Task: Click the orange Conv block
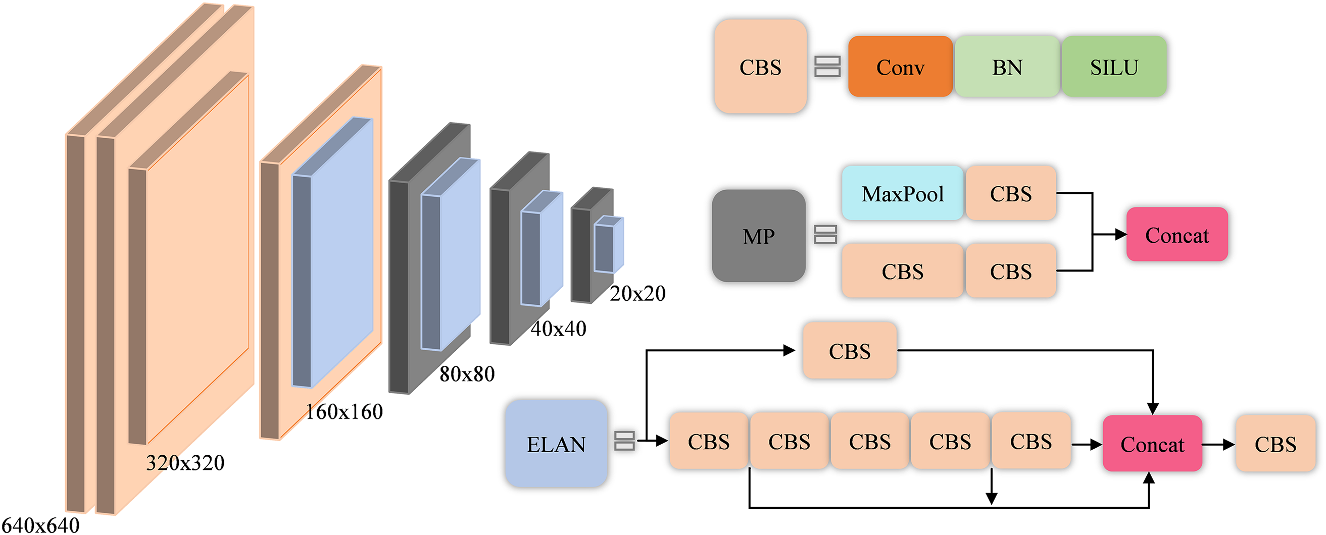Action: pos(900,67)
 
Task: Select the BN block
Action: pos(1007,67)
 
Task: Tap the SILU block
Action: pos(1114,67)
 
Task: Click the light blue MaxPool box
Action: pos(902,193)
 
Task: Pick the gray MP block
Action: pos(758,236)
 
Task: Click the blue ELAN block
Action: pos(556,444)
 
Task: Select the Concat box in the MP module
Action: pos(1176,235)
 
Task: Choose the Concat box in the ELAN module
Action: pos(1152,444)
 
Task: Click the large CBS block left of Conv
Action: pos(760,67)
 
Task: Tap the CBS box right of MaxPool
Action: pos(1010,193)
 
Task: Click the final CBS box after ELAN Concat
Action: pos(1275,444)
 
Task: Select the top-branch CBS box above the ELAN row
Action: pos(849,351)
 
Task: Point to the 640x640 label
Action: pos(41,525)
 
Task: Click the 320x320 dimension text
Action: pos(185,462)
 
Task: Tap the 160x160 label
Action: pos(344,411)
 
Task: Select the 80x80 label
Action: pos(467,373)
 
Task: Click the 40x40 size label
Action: pos(558,328)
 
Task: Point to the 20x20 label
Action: pos(637,293)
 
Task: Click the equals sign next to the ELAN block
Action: pos(624,440)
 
